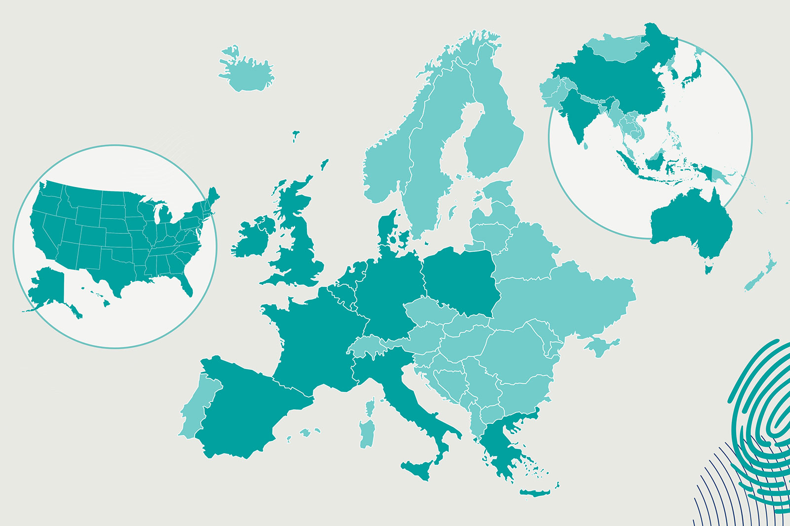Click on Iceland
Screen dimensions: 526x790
(247, 72)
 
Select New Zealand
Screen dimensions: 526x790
(760, 274)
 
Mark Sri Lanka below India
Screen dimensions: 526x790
(586, 146)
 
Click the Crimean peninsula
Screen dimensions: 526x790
(600, 345)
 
